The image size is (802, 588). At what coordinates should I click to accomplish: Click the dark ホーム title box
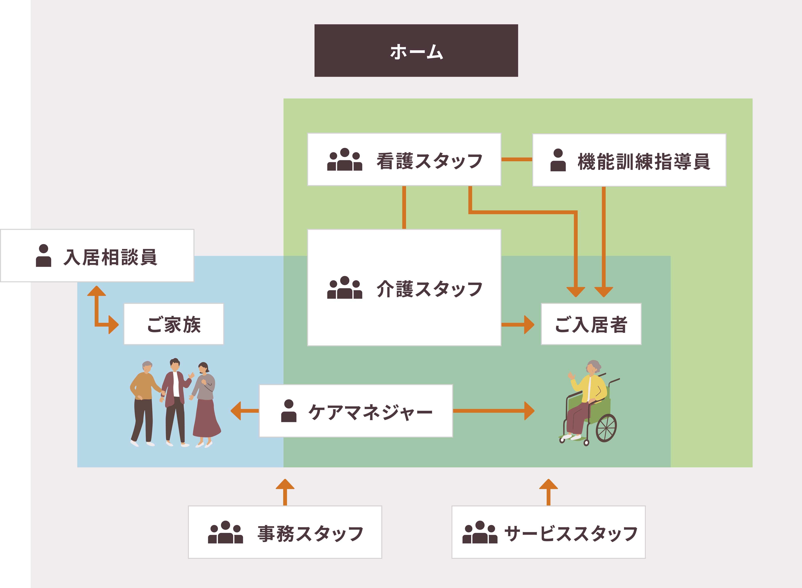tap(416, 51)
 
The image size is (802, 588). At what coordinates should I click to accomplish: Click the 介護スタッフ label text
tap(429, 289)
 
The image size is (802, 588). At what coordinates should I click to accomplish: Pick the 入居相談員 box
tap(97, 255)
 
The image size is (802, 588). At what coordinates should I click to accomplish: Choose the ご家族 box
tap(174, 324)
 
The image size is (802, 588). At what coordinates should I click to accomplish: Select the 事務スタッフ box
tap(285, 532)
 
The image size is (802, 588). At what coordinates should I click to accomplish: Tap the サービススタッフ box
tap(548, 532)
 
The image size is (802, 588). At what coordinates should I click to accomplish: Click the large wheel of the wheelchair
tap(606, 428)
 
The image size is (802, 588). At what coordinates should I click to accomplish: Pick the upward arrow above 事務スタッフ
tap(285, 491)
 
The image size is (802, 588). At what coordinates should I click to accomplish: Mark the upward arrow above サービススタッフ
tap(548, 491)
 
